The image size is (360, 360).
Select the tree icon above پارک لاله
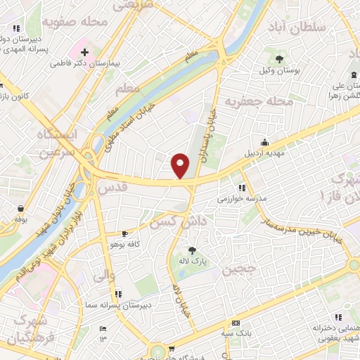click(191, 251)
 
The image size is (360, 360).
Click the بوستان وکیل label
click(280, 70)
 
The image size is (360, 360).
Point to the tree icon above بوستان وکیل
click(280, 59)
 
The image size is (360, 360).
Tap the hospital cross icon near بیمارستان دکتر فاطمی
click(84, 52)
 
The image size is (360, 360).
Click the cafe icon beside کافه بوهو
click(124, 233)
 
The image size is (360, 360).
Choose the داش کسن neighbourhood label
click(172, 221)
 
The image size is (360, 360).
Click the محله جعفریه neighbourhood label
click(259, 102)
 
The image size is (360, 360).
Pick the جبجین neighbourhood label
click(236, 269)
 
